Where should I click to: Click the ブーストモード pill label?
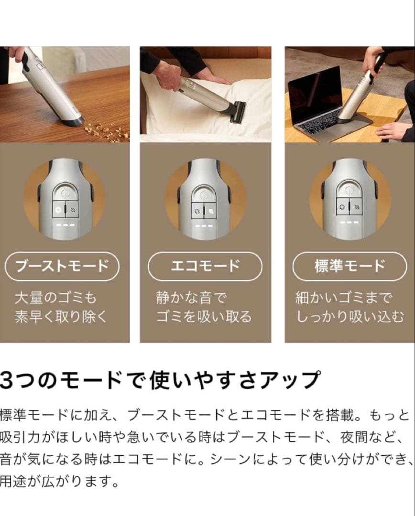tap(62, 266)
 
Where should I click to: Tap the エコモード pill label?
tap(205, 266)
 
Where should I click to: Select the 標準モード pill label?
tap(350, 266)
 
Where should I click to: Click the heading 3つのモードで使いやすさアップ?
tap(160, 380)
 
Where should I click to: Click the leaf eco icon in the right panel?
tap(356, 207)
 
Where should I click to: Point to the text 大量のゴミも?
tap(55, 298)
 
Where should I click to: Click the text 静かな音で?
tap(192, 298)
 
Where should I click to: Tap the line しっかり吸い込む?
tap(350, 317)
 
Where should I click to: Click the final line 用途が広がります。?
tap(59, 481)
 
